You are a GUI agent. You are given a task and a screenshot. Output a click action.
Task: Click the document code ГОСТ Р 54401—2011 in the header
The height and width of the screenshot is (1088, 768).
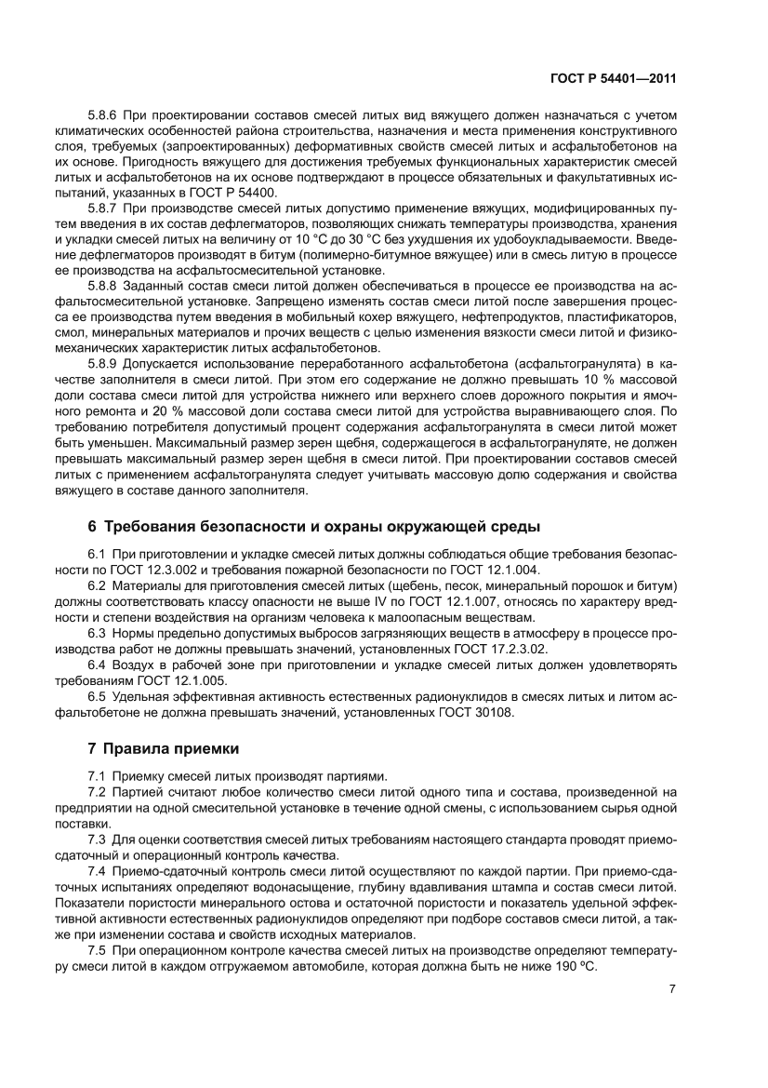pyautogui.click(x=611, y=80)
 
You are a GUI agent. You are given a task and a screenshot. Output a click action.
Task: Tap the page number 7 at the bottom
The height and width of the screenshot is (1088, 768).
pyautogui.click(x=671, y=988)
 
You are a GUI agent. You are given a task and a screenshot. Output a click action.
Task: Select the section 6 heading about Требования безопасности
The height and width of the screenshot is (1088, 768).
pyautogui.click(x=312, y=528)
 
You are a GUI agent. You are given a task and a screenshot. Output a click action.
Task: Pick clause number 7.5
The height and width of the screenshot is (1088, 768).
pyautogui.click(x=97, y=952)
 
